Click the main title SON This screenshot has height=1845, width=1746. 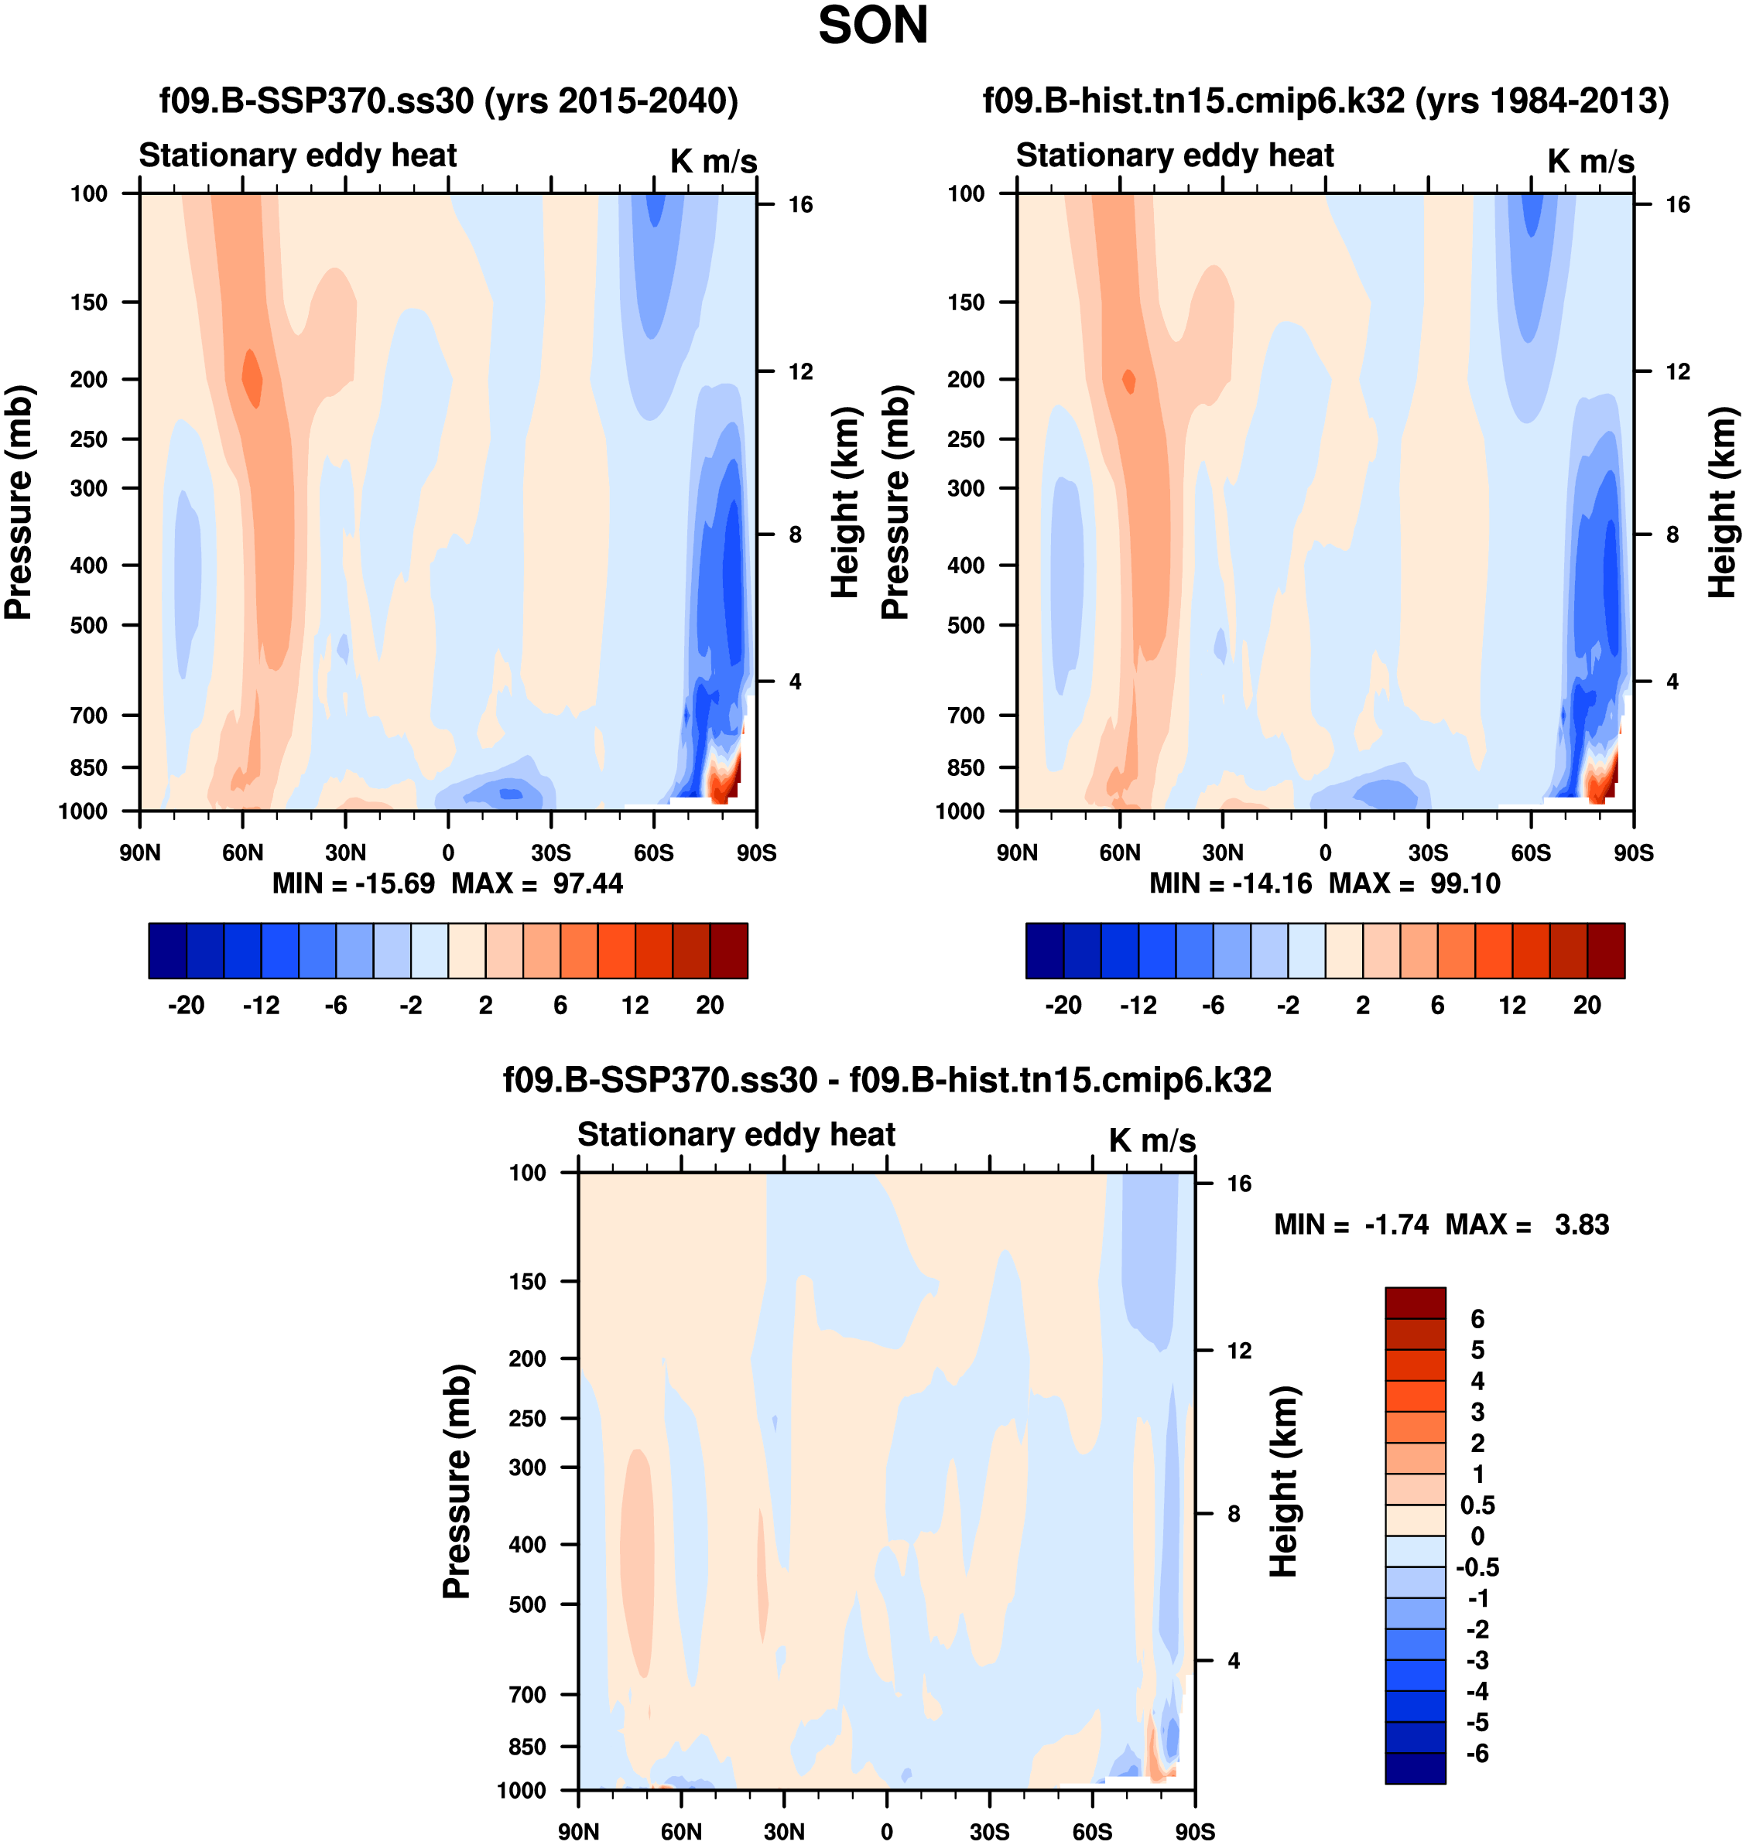(872, 26)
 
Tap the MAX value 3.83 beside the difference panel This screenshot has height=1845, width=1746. (1581, 1225)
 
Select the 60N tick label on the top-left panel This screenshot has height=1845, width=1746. (242, 852)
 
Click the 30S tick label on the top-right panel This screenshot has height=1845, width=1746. (1428, 852)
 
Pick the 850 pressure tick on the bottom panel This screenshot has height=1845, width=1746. (527, 1747)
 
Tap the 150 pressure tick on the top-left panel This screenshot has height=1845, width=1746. (88, 302)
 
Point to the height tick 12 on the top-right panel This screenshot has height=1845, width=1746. (1677, 372)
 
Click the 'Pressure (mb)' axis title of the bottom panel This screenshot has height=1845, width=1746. (456, 1481)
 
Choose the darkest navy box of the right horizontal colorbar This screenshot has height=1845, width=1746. (1044, 951)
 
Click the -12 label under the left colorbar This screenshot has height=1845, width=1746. (261, 1005)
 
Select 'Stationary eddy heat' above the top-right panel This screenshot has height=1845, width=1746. (1175, 155)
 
